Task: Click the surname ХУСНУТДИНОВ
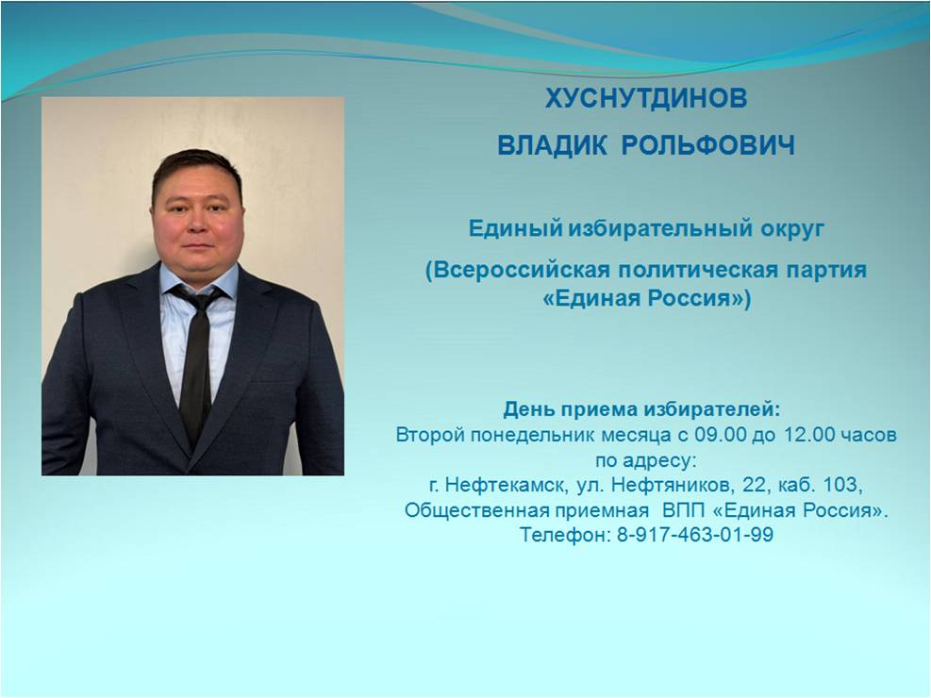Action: (x=646, y=98)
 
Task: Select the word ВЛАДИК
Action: (x=552, y=146)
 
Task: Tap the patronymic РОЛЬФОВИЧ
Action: (x=707, y=146)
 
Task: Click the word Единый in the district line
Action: (x=515, y=228)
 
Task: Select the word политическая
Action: (x=698, y=270)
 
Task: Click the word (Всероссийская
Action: (x=518, y=270)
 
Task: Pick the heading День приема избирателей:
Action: (x=641, y=409)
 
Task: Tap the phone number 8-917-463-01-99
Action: (x=694, y=535)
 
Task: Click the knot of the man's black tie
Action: (x=200, y=302)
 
